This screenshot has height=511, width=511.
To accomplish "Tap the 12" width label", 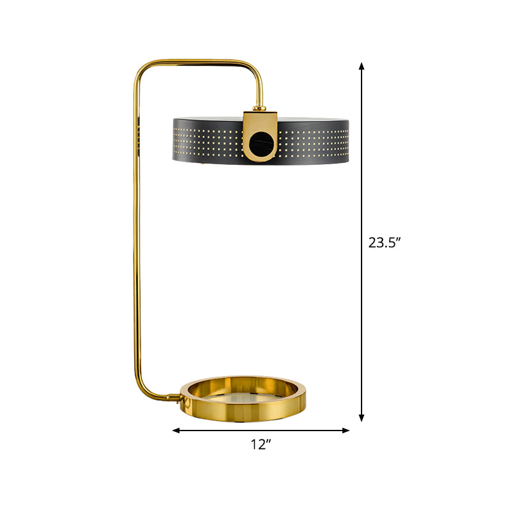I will coord(261,445).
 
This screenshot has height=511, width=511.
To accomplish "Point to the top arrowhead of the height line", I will coord(362,66).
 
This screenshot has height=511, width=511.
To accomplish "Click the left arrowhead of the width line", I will coord(176,430).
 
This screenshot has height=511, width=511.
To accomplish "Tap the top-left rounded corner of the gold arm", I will coord(142,69).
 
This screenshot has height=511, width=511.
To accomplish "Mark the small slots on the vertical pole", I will coord(138,135).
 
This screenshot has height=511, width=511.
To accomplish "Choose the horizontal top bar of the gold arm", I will coord(198,61).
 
